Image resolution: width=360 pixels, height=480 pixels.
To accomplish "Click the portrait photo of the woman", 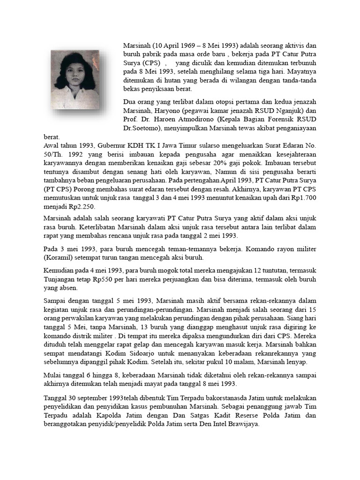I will pos(75,80).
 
